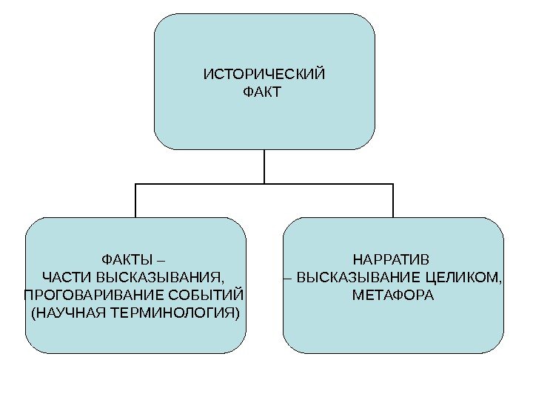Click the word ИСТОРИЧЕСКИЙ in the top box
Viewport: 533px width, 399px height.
click(264, 75)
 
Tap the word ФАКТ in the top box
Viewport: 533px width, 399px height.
click(262, 93)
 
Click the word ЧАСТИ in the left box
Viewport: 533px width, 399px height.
click(62, 278)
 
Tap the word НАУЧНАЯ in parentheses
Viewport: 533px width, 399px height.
click(70, 313)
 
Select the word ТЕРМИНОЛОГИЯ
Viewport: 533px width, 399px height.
click(177, 313)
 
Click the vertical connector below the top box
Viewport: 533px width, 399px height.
click(264, 166)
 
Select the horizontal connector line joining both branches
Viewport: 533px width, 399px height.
click(200, 183)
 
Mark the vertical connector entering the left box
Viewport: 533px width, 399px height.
click(135, 200)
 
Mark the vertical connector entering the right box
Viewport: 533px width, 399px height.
click(393, 200)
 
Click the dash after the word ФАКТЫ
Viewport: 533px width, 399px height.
click(162, 260)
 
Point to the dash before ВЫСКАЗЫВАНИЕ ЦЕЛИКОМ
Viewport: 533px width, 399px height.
click(289, 279)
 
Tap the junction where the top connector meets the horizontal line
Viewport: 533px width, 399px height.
click(264, 183)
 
